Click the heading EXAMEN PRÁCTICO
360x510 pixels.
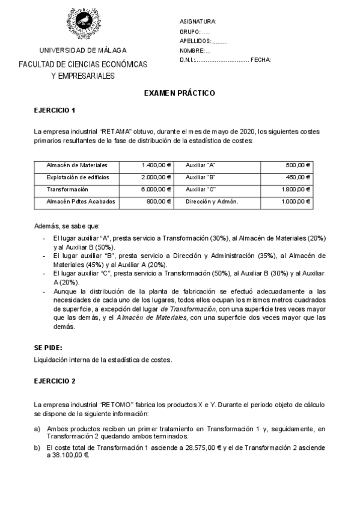click(x=179, y=94)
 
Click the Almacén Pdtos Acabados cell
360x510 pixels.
click(x=81, y=201)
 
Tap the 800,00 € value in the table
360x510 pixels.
click(x=159, y=201)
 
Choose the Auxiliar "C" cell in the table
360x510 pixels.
click(x=201, y=189)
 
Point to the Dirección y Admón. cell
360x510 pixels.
click(x=212, y=201)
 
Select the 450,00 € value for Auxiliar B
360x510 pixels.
click(x=298, y=177)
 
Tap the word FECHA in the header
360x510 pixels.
click(x=261, y=60)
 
